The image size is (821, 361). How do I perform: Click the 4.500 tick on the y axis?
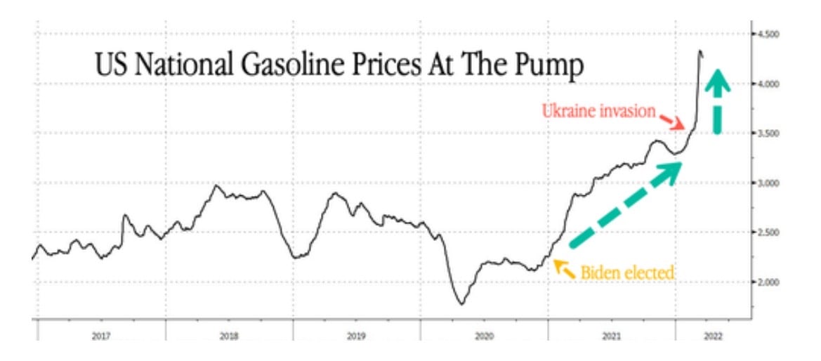767,34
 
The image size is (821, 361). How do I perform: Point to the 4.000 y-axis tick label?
767,84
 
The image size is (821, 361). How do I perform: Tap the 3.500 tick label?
767,133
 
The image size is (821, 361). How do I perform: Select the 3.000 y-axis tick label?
767,183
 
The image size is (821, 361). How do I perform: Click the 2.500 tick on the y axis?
767,232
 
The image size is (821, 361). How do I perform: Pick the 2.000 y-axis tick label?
767,282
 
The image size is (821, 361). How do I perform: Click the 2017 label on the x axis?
101,336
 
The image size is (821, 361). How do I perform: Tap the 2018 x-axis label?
229,336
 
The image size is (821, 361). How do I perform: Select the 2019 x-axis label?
356,336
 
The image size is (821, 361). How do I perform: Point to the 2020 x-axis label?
485,336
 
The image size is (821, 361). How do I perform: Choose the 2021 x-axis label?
612,336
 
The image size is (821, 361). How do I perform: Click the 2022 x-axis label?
711,336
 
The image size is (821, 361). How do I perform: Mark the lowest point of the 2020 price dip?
461,304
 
